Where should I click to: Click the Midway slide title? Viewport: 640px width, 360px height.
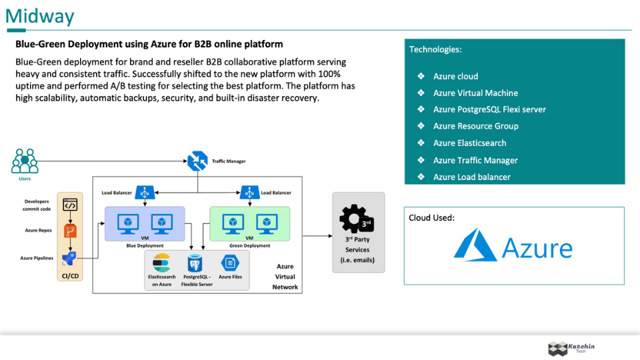40,16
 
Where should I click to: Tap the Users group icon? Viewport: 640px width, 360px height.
25,161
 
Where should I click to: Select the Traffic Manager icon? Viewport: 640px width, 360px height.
197,161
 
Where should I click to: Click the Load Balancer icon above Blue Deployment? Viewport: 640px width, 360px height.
145,193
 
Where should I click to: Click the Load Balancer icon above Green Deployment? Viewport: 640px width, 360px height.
249,193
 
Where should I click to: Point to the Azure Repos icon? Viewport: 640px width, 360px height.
70,231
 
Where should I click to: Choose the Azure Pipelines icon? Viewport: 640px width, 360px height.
70,258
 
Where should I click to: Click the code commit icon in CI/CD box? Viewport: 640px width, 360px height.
70,205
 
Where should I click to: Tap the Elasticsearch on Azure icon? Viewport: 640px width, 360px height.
162,263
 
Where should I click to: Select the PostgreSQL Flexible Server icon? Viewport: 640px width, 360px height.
196,263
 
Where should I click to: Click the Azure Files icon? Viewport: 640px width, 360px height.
230,263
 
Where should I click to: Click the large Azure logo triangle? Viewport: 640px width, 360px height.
475,245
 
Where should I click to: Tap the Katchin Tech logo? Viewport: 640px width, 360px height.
570,348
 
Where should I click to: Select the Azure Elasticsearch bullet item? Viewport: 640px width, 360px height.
469,143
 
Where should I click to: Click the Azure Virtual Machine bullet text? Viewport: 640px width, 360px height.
475,93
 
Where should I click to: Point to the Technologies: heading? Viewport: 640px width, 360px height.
435,49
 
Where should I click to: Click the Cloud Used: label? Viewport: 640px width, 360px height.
432,217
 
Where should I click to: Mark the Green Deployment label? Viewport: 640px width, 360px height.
249,245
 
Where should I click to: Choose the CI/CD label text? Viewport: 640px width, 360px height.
70,275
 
